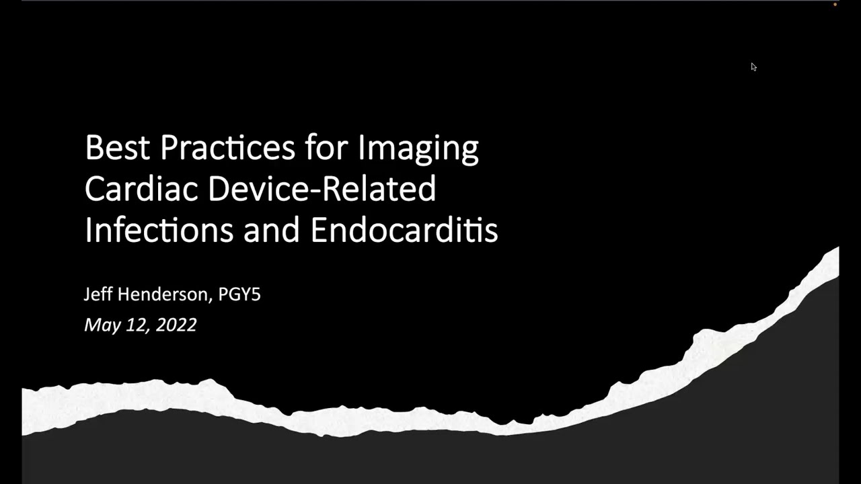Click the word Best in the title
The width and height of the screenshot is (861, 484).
tap(117, 147)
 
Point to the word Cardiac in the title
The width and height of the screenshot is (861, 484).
tap(141, 189)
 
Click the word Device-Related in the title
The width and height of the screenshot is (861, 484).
tap(322, 189)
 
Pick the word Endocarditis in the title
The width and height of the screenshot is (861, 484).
tap(404, 230)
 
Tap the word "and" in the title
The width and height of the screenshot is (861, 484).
tap(271, 230)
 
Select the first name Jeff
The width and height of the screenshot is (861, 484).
tap(98, 294)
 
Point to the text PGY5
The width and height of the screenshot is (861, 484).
tap(239, 294)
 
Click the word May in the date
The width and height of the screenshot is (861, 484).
tap(101, 325)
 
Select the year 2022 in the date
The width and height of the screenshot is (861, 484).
tap(176, 325)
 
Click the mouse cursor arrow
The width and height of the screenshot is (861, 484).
tap(753, 67)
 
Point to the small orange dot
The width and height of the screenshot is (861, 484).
tap(835, 5)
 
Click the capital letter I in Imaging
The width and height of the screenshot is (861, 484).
tap(361, 147)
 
